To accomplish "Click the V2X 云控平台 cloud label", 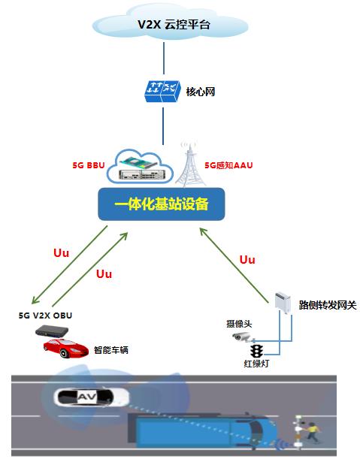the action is [x=174, y=25].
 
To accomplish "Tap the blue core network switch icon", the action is [x=162, y=92].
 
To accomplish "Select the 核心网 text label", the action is [x=201, y=92].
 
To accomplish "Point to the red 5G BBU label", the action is [x=89, y=165].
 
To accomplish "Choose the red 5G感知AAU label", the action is [x=228, y=165].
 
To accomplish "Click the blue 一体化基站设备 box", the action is [x=162, y=204].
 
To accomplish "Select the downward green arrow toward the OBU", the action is [x=69, y=264].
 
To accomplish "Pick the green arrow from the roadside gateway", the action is [x=234, y=265].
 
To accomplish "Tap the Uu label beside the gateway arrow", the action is [x=247, y=260].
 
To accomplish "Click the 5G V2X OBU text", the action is [x=45, y=316].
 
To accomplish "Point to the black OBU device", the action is [x=52, y=331].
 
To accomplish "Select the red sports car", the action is [x=66, y=348].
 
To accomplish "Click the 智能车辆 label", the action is [x=111, y=350].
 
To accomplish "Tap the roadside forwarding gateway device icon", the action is [x=283, y=302].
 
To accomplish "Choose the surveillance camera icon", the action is [x=243, y=337].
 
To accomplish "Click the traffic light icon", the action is [x=256, y=352].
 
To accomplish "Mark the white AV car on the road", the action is [x=92, y=397].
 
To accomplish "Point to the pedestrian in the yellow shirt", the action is [x=312, y=432].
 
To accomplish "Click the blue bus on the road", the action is [x=202, y=431].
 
